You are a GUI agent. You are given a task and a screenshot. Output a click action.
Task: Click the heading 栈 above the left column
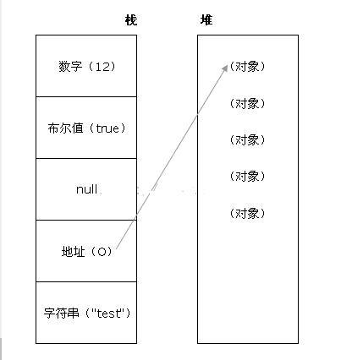[x=131, y=20]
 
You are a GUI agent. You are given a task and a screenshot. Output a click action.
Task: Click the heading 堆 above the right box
[x=206, y=20]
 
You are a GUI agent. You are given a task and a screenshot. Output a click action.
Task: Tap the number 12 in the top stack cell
[x=102, y=67]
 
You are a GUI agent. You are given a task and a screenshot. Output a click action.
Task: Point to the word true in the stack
[x=107, y=128]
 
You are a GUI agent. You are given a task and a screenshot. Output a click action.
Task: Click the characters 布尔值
[x=65, y=128]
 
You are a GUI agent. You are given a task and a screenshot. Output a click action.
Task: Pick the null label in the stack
[x=86, y=189]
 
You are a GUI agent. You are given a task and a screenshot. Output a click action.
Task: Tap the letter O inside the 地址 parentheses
[x=102, y=252]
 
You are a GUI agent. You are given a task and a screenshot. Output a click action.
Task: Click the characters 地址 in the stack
[x=73, y=252]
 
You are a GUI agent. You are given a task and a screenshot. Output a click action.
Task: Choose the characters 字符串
[x=61, y=313]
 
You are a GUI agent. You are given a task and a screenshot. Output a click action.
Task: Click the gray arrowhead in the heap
[x=225, y=68]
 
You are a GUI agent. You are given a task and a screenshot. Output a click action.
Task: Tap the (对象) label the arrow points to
[x=247, y=67]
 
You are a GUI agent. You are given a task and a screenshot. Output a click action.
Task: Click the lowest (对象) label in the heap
[x=247, y=213]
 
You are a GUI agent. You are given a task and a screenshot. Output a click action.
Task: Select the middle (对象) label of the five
[x=247, y=140]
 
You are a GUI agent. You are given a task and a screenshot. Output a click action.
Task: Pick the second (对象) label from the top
[x=247, y=103]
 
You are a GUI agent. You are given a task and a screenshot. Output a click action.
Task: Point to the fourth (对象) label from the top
[x=247, y=177]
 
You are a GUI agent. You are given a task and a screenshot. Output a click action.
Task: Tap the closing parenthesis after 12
[x=113, y=67]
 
